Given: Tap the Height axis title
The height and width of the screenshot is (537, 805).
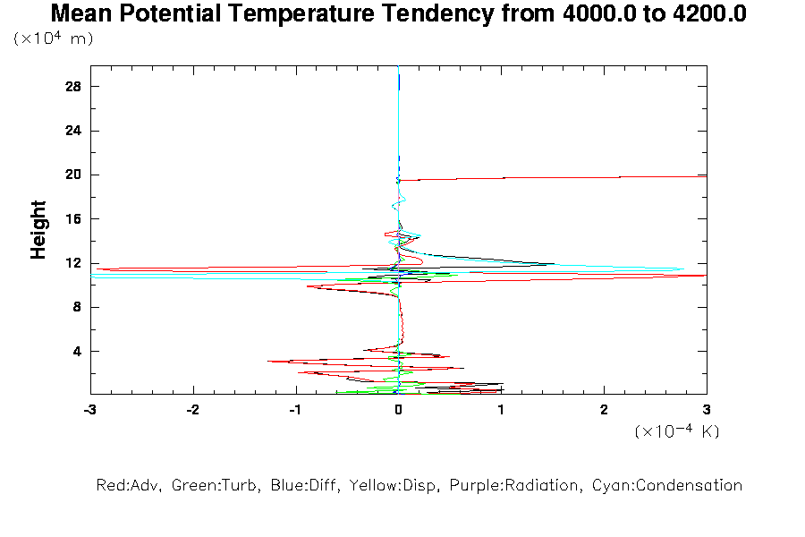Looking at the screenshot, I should tap(38, 230).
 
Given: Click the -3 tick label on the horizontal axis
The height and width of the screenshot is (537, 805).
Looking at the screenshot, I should tap(89, 409).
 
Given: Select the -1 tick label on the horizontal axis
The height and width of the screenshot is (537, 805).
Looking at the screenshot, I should tap(295, 409).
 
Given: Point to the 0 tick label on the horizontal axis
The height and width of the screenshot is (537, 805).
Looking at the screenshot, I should tap(398, 409).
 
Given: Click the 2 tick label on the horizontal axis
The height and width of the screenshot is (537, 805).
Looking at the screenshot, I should tap(604, 409).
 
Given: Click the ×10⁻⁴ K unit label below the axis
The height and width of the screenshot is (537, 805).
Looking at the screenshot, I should tap(677, 431).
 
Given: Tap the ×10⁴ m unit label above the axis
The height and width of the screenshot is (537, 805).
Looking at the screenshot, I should tap(54, 39).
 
